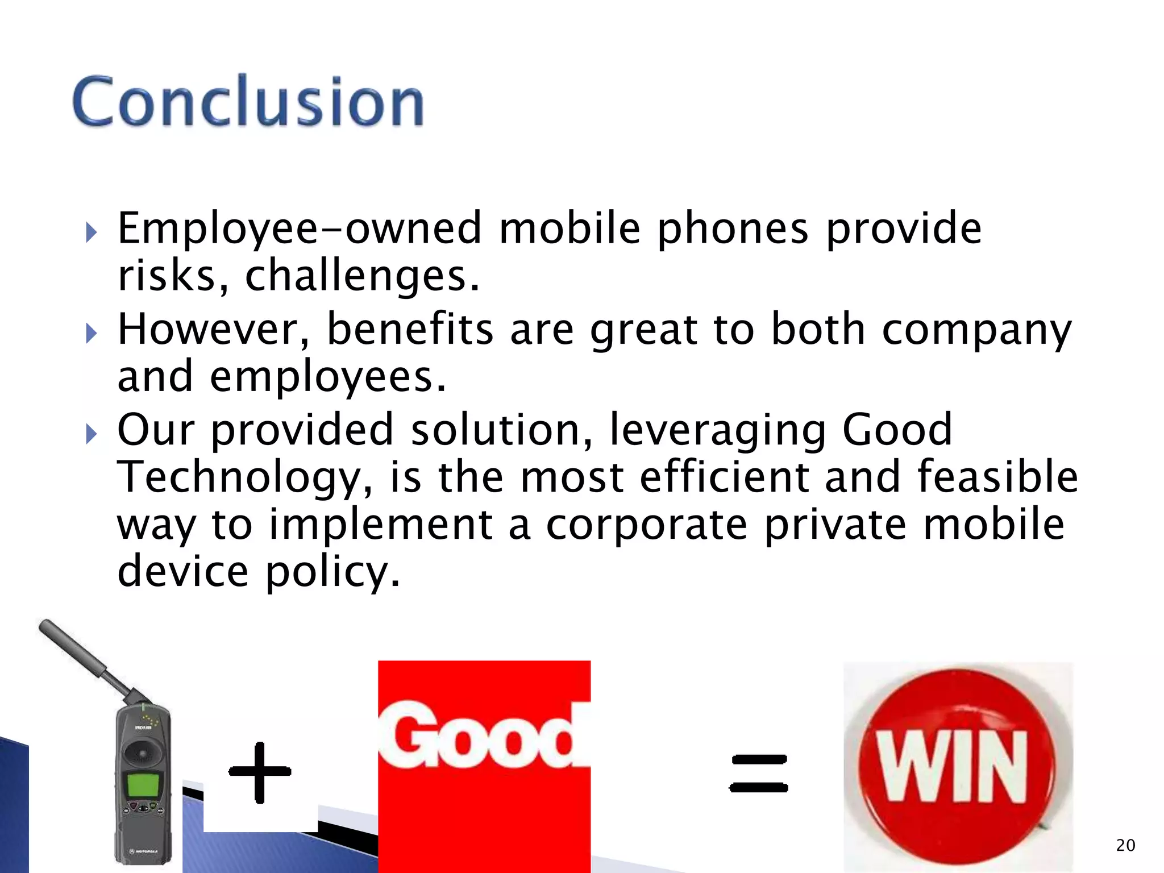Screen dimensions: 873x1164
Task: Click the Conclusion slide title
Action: point(248,101)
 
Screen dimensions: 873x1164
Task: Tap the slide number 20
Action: point(1125,845)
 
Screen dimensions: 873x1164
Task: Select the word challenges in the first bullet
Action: point(362,276)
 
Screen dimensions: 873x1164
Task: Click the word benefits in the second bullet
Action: point(410,330)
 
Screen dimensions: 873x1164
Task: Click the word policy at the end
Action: point(333,572)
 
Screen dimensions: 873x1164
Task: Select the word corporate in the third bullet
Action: point(646,525)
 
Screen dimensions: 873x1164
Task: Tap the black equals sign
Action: point(758,773)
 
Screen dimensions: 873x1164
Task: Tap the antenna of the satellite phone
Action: point(85,659)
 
